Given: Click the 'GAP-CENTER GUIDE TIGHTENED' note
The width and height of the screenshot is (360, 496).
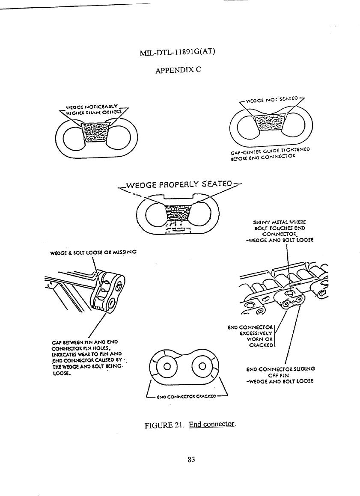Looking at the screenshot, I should pos(269,153).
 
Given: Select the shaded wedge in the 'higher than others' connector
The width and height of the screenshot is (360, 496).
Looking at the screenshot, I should pos(96,133).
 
